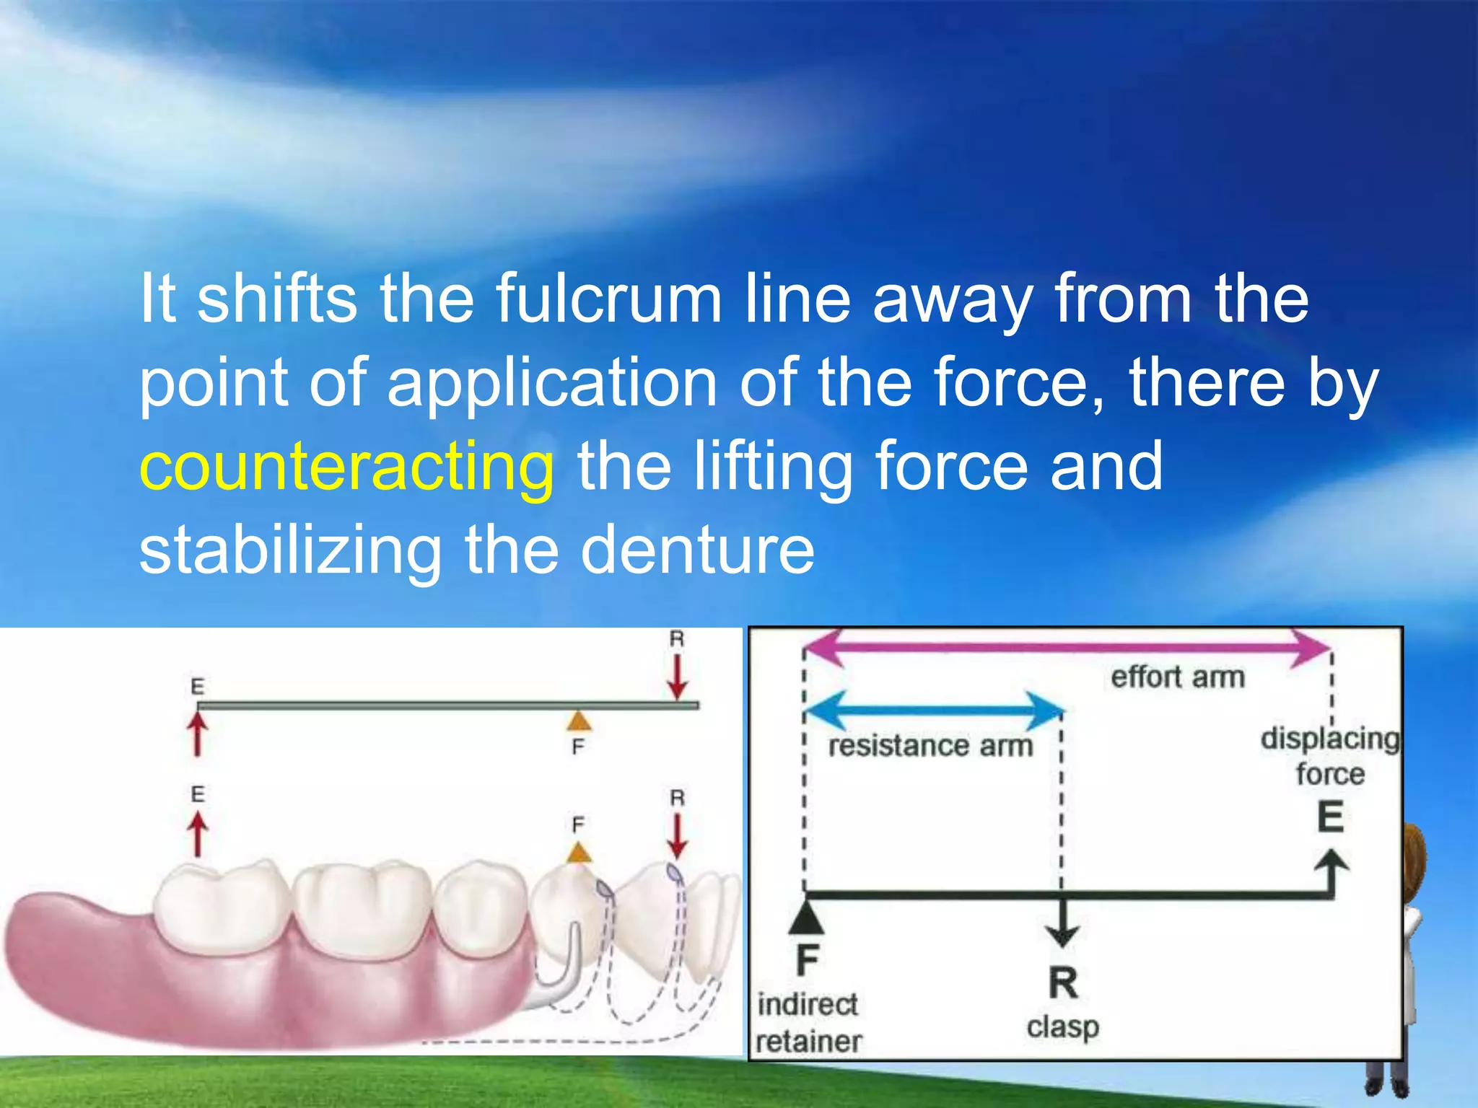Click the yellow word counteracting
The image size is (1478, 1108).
point(346,467)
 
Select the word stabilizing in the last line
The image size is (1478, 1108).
point(289,550)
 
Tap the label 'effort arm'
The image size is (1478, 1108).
point(1178,677)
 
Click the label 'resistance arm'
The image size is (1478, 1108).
point(930,746)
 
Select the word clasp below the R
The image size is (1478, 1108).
point(1062,1026)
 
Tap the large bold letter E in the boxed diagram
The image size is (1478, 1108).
point(1331,818)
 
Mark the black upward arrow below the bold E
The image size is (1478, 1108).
point(1331,873)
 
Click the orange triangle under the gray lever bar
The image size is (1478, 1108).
point(578,721)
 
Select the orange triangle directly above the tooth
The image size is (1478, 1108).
point(578,853)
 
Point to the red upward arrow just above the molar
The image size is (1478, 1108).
point(198,834)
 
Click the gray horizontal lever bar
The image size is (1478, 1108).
point(447,705)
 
